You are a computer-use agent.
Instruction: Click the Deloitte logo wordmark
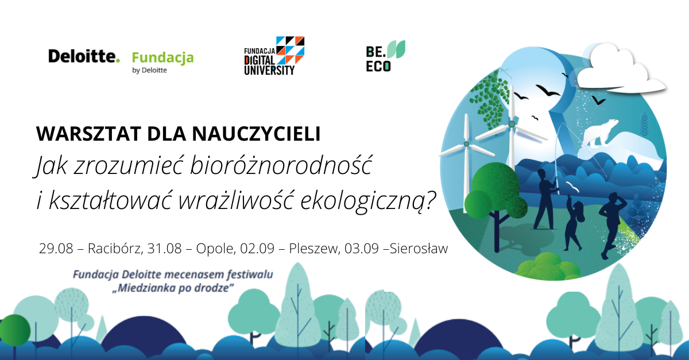pos(84,56)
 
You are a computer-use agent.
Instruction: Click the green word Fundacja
pos(162,58)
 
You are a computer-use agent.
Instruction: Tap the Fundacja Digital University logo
pos(274,56)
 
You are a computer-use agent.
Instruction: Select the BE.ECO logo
pos(385,56)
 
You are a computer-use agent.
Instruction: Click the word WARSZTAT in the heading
pos(88,134)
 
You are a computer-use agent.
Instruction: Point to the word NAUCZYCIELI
pos(256,134)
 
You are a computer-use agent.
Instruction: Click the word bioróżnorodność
pos(281,165)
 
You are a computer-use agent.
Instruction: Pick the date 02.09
pos(257,248)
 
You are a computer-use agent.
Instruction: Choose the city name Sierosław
pos(419,248)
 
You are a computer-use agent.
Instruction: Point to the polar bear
pos(599,131)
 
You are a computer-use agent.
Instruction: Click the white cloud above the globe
pos(621,69)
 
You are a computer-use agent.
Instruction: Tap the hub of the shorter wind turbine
pos(466,144)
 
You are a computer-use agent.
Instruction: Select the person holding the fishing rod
pos(546,199)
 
